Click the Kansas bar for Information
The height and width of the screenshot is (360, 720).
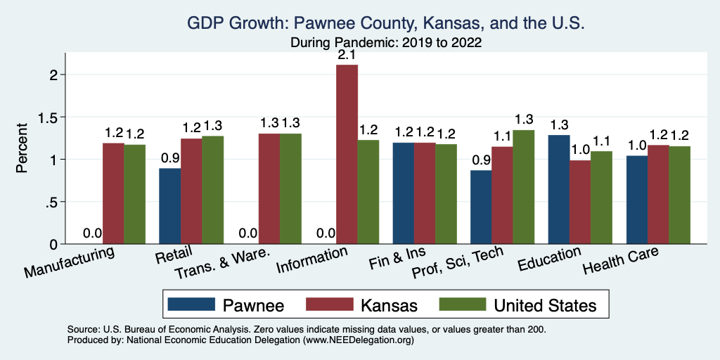(x=347, y=154)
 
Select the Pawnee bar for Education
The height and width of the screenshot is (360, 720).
(x=558, y=189)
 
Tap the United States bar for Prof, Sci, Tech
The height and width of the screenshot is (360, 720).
(x=523, y=187)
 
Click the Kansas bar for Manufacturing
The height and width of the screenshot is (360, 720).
(x=113, y=193)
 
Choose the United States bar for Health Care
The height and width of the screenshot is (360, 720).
(x=679, y=195)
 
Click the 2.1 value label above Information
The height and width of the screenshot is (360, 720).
(x=347, y=54)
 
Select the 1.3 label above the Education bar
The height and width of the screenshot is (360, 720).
(x=558, y=124)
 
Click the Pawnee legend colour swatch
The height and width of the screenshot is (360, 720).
(x=191, y=304)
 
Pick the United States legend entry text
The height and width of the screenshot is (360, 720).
(x=545, y=304)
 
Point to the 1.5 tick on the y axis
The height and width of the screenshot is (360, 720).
(x=37, y=117)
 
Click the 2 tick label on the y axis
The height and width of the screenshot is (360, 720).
(x=42, y=75)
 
